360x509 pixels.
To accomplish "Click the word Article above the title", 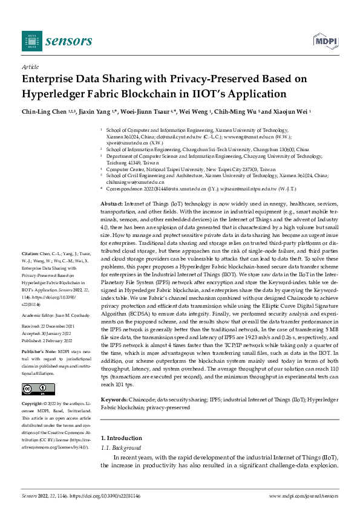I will point(30,68).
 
